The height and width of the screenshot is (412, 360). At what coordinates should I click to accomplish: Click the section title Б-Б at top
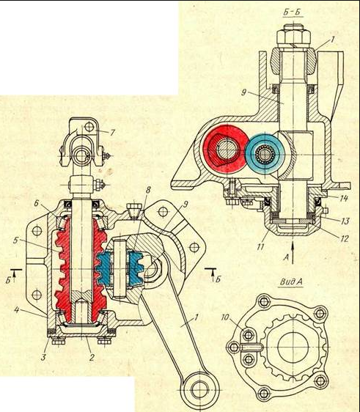tap(293, 12)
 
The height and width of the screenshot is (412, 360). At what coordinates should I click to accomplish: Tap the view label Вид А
tap(291, 282)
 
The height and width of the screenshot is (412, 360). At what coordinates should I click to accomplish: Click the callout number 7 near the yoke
tap(112, 133)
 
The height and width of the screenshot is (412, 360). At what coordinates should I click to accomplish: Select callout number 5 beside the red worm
tap(16, 240)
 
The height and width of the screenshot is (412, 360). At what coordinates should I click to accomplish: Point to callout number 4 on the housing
tap(17, 310)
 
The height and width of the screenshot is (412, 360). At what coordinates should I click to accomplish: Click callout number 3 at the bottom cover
tap(43, 357)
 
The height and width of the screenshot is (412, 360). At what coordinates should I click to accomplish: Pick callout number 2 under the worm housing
tap(92, 357)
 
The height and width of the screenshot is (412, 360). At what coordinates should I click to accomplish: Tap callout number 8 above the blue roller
tap(148, 190)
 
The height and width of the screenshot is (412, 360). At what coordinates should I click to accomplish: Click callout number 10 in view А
tap(225, 317)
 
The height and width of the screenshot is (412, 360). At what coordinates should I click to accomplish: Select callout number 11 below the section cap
tap(260, 247)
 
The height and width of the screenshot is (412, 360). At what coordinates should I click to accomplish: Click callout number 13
tap(345, 221)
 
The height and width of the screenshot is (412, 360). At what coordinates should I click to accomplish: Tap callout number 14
tap(344, 198)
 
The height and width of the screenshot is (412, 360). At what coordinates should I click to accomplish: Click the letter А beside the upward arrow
tap(287, 258)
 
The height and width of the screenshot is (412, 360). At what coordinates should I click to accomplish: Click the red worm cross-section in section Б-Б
tap(226, 150)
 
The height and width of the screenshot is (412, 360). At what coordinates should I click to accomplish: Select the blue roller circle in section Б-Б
tap(265, 153)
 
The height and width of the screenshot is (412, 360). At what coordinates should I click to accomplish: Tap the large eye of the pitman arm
tap(199, 389)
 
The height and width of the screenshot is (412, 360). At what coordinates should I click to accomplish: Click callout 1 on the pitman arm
tap(195, 317)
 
